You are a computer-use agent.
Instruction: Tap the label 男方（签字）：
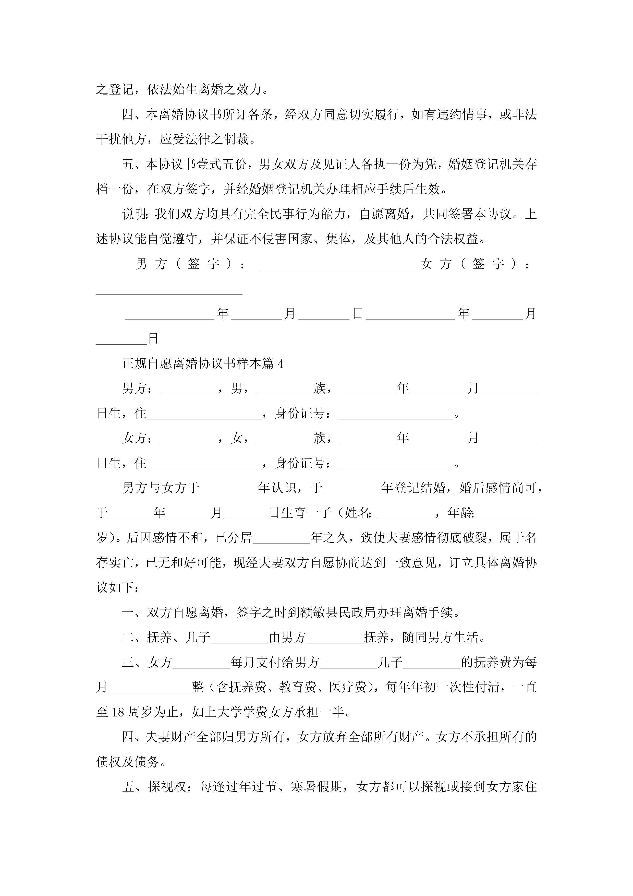(191, 264)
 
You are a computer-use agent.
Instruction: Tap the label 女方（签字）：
(476, 264)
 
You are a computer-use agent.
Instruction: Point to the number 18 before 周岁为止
(118, 712)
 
